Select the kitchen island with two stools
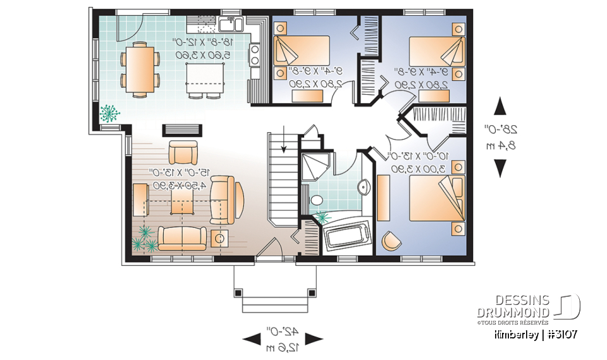point(203,77)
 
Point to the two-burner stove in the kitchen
point(255,53)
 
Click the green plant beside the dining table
point(110,113)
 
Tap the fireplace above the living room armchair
point(183,130)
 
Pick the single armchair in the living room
point(183,153)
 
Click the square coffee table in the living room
point(184,203)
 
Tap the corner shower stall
point(314,168)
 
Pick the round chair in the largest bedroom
point(391,240)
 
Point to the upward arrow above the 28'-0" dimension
point(500,106)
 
